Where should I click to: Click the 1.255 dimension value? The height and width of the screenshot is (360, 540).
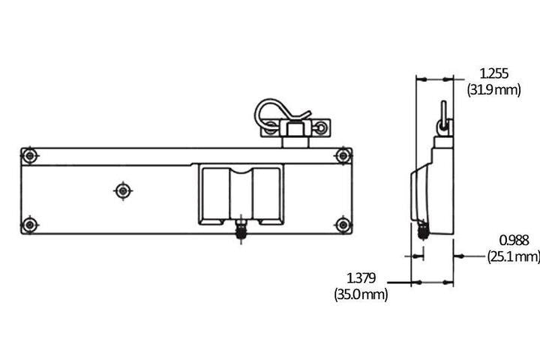493,73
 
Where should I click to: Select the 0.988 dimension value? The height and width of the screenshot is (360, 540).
514,240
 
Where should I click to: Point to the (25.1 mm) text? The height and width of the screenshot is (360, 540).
514,256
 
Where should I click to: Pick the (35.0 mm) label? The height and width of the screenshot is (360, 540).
361,295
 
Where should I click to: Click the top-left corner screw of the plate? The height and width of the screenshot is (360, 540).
29,156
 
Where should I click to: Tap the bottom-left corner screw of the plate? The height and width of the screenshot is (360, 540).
29,223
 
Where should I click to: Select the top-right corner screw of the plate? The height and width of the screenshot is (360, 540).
343,156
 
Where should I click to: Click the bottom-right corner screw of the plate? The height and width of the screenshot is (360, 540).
343,223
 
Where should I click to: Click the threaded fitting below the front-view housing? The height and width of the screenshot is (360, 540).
241,229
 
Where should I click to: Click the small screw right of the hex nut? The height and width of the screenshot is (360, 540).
322,127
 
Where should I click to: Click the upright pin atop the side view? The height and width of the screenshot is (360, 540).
443,116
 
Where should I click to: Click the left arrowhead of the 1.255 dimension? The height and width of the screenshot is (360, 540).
421,78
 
